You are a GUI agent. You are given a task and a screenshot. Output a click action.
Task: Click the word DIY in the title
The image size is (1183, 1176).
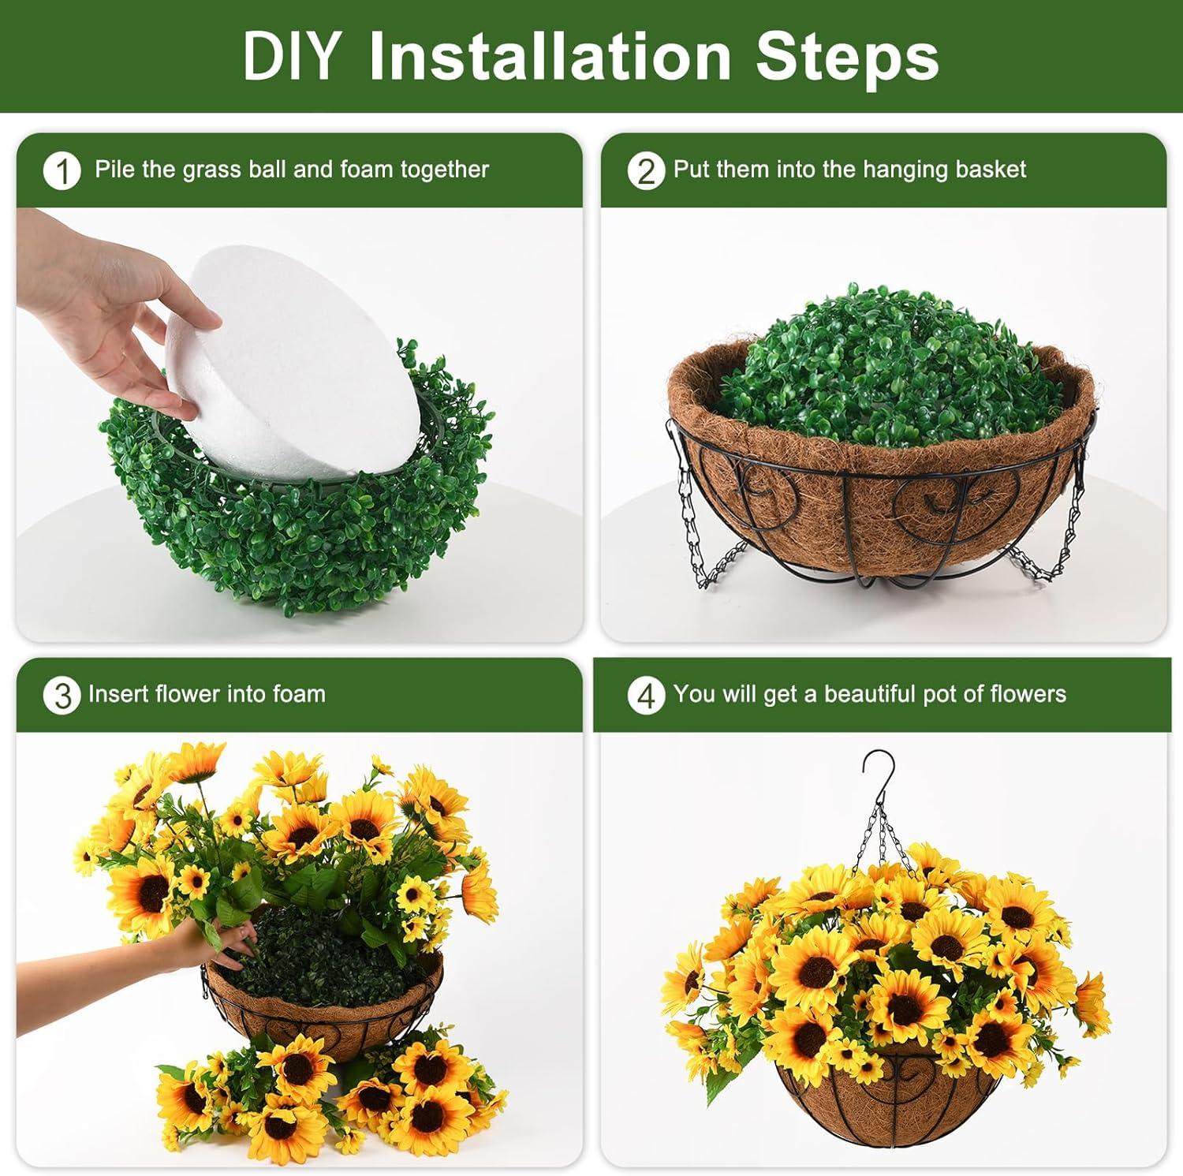pyautogui.click(x=291, y=57)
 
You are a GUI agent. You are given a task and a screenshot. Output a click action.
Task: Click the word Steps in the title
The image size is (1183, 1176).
pyautogui.click(x=847, y=57)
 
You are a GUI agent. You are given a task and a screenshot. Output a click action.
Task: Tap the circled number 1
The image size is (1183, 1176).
pyautogui.click(x=62, y=171)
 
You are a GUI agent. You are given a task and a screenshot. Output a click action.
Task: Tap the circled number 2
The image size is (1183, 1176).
pyautogui.click(x=646, y=171)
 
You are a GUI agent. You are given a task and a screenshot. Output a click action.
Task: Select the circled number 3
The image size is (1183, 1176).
pyautogui.click(x=62, y=696)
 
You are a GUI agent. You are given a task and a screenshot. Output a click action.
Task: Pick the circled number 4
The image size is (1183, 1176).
pyautogui.click(x=646, y=696)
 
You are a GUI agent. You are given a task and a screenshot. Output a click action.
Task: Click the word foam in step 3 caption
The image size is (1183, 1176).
pyautogui.click(x=299, y=694)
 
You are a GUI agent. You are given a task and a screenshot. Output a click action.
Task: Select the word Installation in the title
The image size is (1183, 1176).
pyautogui.click(x=550, y=57)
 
